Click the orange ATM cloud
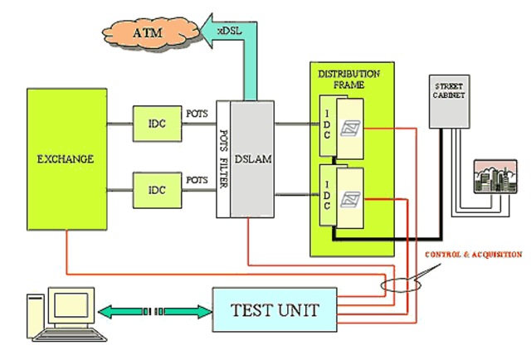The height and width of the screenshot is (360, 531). pos(148,34)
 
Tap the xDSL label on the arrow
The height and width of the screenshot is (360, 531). pos(230,30)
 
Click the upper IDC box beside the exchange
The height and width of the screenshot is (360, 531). pos(157,123)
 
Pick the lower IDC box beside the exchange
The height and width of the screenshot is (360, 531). pos(157,190)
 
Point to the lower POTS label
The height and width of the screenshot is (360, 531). pos(197,178)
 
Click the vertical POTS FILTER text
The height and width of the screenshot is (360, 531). pos(222,158)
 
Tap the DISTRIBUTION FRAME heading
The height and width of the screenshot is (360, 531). pos(348,79)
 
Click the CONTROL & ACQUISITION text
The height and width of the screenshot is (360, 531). pos(474,255)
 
